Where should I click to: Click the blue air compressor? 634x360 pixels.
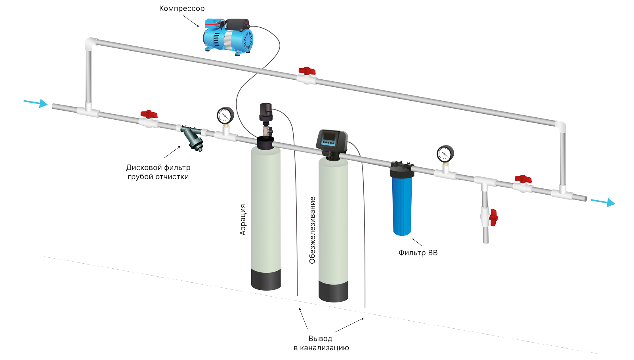coord(228,36)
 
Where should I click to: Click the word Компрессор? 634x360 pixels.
coord(182,8)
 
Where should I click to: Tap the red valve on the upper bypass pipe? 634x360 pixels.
coord(307,71)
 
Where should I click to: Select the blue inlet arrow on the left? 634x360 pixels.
coord(36,103)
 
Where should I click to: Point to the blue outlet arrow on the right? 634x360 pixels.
coord(603,202)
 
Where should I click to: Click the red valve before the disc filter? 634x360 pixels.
coord(149,115)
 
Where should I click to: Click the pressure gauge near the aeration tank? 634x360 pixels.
coord(225,116)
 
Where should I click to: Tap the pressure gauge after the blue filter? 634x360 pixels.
coord(445,154)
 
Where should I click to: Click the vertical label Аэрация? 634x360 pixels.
coord(243,220)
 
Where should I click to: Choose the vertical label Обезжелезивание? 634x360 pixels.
coord(312,230)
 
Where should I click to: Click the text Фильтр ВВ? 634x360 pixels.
coord(418,253)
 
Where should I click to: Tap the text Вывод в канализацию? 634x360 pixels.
coord(321,343)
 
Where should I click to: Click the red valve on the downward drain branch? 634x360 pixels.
coord(493,217)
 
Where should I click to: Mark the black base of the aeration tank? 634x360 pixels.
coord(266,280)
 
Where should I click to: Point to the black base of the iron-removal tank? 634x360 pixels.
coord(333,291)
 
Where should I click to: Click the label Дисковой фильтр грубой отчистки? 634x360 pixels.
coord(158,172)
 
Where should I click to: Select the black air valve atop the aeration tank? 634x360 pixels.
coord(265,112)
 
